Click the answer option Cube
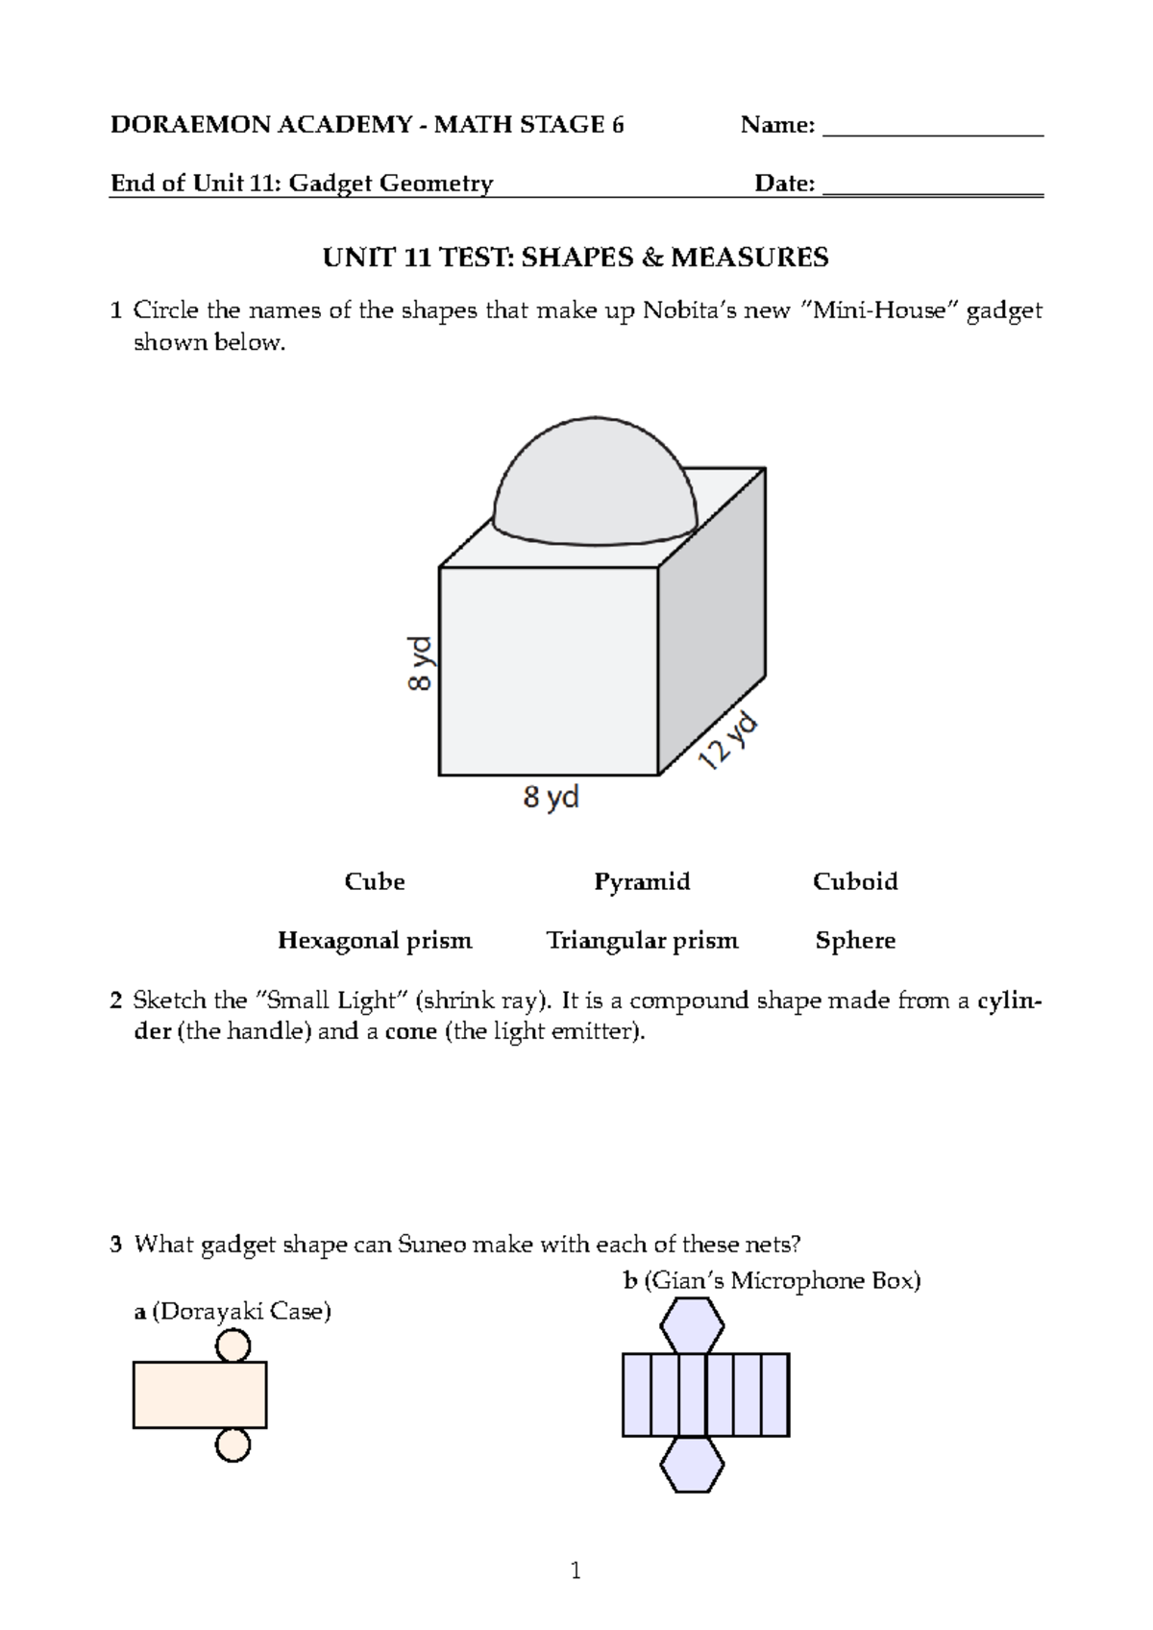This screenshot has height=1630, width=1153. pyautogui.click(x=375, y=881)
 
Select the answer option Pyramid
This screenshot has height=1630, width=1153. pyautogui.click(x=642, y=881)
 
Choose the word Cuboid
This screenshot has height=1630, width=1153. pyautogui.click(x=855, y=881)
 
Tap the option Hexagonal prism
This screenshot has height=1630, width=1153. pyautogui.click(x=375, y=940)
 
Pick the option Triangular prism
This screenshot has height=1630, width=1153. pyautogui.click(x=642, y=940)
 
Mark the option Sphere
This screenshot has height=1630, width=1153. pyautogui.click(x=855, y=940)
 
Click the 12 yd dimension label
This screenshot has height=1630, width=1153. pyautogui.click(x=728, y=741)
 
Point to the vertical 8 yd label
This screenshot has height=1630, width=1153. pyautogui.click(x=421, y=663)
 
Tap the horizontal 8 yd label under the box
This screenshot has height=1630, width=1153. pyautogui.click(x=551, y=797)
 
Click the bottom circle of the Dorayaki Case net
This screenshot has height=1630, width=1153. pyautogui.click(x=233, y=1445)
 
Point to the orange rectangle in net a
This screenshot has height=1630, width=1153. pyautogui.click(x=200, y=1395)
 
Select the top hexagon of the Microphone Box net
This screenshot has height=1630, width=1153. pyautogui.click(x=692, y=1325)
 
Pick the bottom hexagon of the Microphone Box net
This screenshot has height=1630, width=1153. pyautogui.click(x=692, y=1465)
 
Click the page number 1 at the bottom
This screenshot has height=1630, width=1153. pyautogui.click(x=576, y=1571)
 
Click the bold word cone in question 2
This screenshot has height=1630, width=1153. pyautogui.click(x=411, y=1032)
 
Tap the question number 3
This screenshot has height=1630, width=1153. pyautogui.click(x=116, y=1246)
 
